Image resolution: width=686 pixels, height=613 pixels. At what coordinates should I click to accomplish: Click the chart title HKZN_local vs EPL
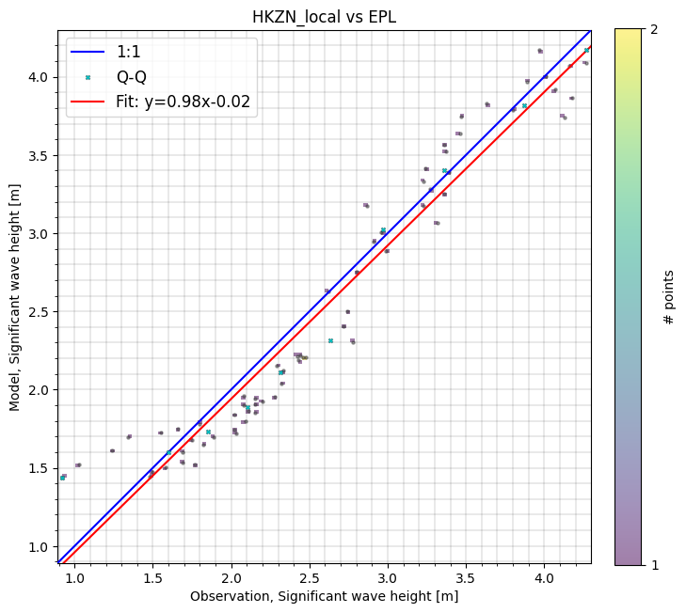tap(325, 18)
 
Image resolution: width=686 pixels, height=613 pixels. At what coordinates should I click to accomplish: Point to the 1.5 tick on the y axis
tap(41, 468)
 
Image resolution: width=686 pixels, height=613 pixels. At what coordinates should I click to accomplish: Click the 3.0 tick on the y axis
tap(41, 233)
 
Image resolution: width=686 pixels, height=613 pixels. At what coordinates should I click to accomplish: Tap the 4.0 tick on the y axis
tap(41, 77)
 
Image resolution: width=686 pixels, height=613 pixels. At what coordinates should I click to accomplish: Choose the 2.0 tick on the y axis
tap(41, 390)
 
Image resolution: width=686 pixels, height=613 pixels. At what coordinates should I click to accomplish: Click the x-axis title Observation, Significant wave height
tap(325, 596)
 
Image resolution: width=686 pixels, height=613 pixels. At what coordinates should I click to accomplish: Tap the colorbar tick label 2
tap(653, 30)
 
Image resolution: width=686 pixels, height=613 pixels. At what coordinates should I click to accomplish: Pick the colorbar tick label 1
tap(653, 564)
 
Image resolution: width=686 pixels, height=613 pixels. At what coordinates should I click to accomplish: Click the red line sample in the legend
tap(88, 102)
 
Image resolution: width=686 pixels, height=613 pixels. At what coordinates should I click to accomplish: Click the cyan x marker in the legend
tap(88, 77)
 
